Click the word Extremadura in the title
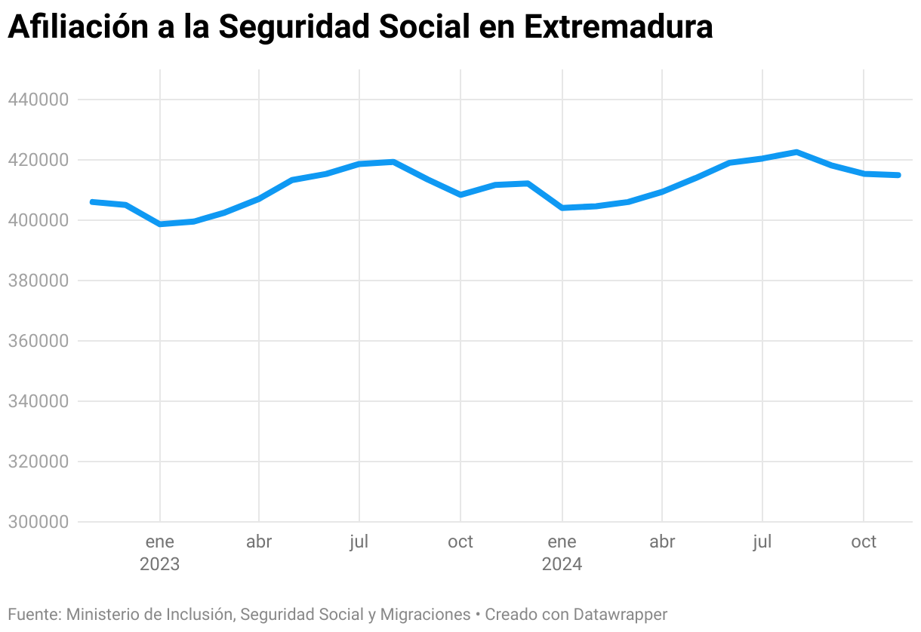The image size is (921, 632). pos(618,27)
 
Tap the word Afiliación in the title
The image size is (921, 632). pos(78,27)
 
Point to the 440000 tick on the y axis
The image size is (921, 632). pos(39,100)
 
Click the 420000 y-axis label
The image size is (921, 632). pos(39,160)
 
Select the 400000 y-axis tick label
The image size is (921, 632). pos(39,220)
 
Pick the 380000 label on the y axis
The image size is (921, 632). pos(39,281)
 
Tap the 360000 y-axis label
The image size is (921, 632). pos(39,341)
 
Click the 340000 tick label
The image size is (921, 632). pos(39,401)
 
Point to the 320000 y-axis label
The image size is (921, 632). pos(39,462)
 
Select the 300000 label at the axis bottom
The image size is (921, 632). pos(39,522)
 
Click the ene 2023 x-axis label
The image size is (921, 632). pos(159,553)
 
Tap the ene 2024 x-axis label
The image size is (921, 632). pos(562,553)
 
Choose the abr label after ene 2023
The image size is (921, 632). pos(259,542)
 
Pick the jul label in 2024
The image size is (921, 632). pos(762,542)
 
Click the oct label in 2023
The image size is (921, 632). pos(460,542)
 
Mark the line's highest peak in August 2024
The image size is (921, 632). pos(796,152)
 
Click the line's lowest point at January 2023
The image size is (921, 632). pos(160,224)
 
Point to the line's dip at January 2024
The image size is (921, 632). pos(562,208)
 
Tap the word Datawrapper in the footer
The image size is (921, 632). pos(620,615)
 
